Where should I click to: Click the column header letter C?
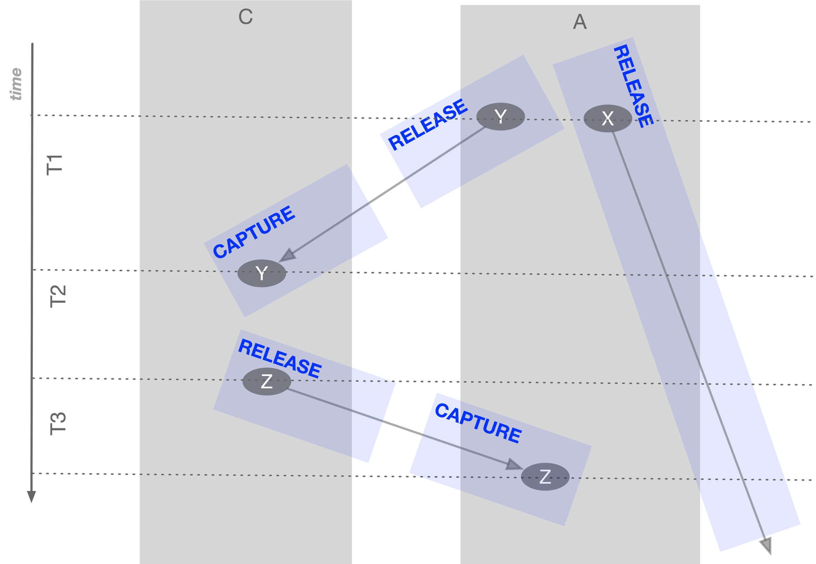point(245,17)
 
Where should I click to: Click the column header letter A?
point(580,22)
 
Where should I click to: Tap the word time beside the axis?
point(16,84)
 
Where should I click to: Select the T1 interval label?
point(55,165)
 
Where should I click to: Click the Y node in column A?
point(500,117)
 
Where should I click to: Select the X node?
point(607,118)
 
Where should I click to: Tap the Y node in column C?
point(261,273)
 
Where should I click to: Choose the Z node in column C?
point(267,382)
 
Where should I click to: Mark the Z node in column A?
point(545,477)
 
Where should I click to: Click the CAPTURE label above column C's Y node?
point(254,232)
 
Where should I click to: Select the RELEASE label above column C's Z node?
point(280,358)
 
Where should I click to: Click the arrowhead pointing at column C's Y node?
point(288,255)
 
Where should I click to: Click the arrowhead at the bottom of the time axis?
point(31,496)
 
